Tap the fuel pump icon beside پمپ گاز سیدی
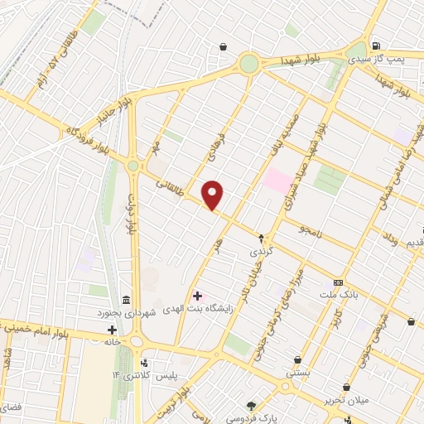[377, 46]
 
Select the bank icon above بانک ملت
[337, 281]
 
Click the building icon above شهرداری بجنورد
[126, 299]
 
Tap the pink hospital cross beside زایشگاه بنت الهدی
[196, 295]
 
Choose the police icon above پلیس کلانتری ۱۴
[145, 362]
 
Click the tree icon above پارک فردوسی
[252, 405]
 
